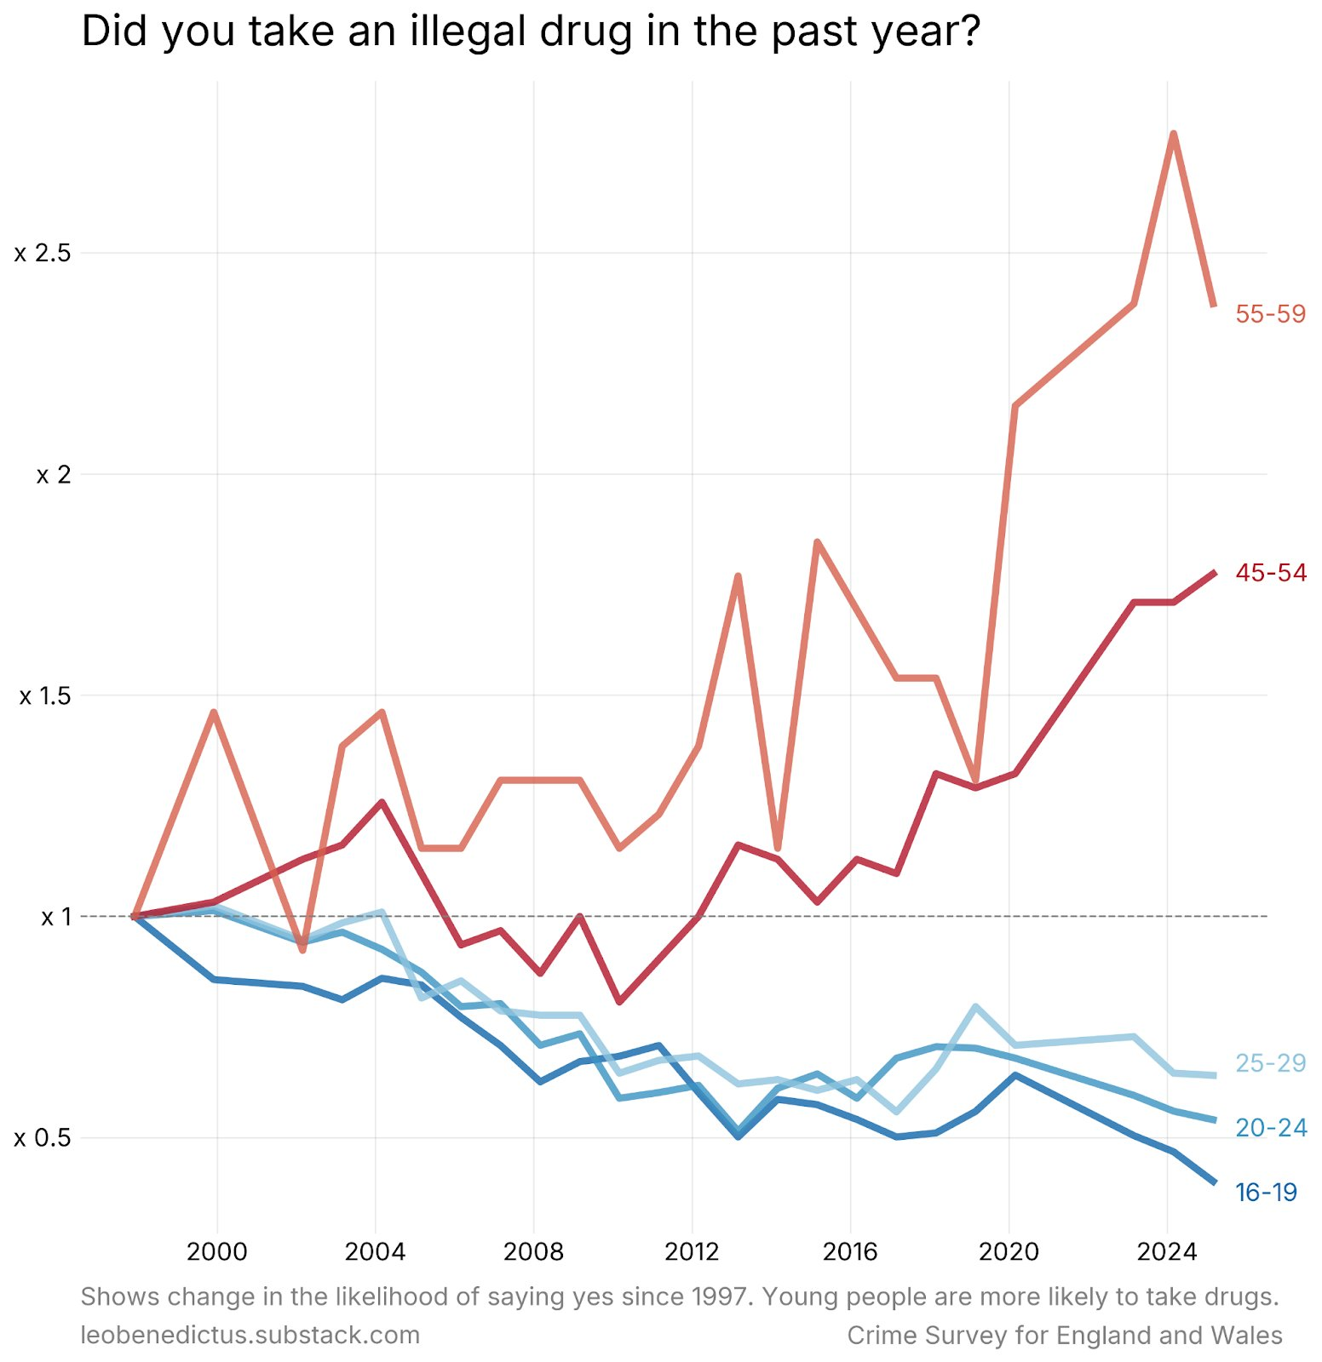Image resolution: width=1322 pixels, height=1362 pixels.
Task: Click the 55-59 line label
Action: [x=1270, y=314]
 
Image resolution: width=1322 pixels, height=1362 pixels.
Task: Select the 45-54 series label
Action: [x=1270, y=573]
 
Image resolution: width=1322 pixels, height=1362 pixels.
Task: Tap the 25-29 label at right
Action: [x=1270, y=1063]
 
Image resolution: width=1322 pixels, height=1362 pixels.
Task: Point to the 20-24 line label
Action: [x=1270, y=1128]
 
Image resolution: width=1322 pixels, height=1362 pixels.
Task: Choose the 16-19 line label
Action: [x=1266, y=1193]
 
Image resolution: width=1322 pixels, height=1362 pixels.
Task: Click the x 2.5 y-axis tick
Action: [x=42, y=254]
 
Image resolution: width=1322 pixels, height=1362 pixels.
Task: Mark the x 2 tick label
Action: [x=53, y=475]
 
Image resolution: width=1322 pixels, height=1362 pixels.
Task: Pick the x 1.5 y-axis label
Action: [x=44, y=696]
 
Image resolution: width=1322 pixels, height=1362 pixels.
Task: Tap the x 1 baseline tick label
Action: [x=56, y=917]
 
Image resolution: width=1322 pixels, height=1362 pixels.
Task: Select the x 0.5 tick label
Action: [x=42, y=1138]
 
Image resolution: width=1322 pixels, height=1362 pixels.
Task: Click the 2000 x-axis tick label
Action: [x=216, y=1251]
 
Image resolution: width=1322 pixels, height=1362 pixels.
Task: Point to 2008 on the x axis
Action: [x=533, y=1251]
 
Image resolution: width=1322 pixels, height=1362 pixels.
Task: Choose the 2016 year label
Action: [x=850, y=1251]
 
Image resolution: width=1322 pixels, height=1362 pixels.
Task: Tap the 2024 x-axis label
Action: [x=1167, y=1251]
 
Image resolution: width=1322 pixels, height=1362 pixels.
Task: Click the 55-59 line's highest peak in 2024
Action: [x=1174, y=134]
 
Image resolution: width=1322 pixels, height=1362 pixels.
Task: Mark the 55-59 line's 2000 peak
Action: [x=215, y=712]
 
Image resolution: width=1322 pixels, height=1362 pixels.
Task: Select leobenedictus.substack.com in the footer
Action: [x=250, y=1335]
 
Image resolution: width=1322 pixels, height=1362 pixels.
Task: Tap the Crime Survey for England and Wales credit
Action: [x=1065, y=1335]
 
